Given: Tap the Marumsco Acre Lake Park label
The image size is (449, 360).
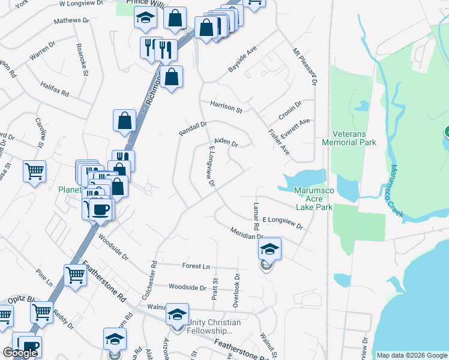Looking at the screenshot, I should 313,199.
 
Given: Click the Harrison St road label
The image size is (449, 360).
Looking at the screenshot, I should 226,107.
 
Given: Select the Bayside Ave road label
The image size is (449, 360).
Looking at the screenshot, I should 242,59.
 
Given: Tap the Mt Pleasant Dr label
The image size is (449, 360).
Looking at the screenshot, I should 304,66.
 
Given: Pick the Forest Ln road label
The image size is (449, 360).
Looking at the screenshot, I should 197,266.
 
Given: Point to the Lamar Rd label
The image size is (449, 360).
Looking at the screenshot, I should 256,217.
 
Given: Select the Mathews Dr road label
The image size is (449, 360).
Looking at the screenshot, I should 71,20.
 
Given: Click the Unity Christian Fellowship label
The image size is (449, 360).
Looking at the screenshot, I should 214,326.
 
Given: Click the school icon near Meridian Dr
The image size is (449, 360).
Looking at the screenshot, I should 270,248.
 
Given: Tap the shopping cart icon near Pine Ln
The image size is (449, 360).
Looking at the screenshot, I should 76,275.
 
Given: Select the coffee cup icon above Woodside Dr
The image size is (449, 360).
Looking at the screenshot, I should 100,209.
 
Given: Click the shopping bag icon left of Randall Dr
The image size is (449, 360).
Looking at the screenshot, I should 124,120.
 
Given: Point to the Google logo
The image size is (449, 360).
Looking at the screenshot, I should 20,353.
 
